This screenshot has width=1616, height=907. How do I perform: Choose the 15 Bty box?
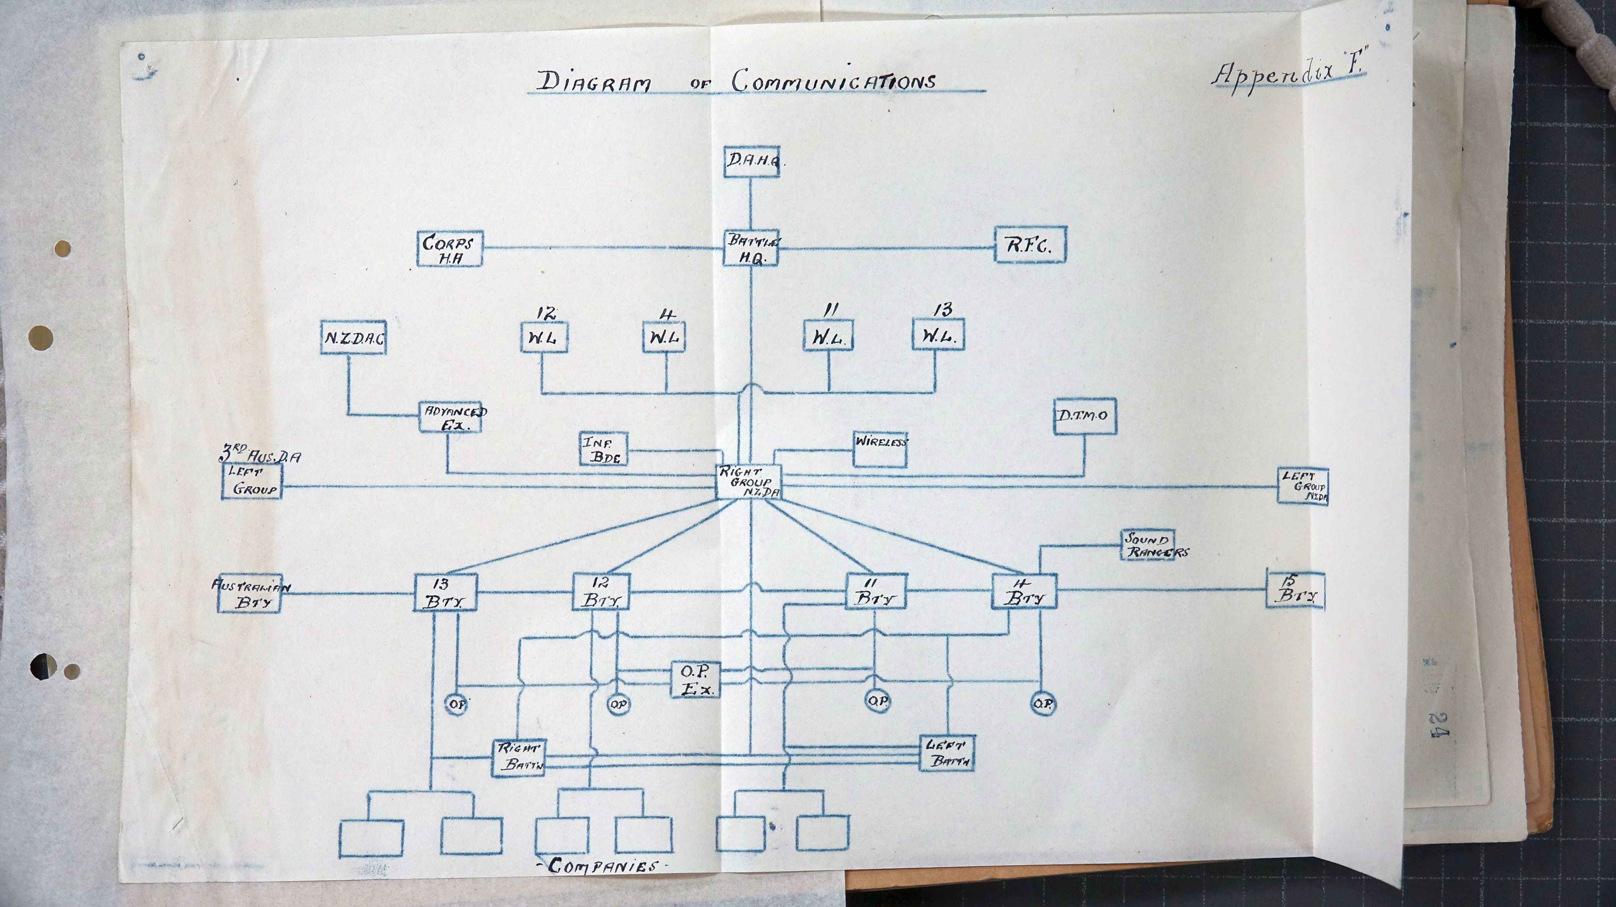coord(1295,590)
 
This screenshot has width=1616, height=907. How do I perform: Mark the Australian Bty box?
coord(249,593)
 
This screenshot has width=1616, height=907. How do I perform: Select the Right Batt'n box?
coord(519,757)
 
